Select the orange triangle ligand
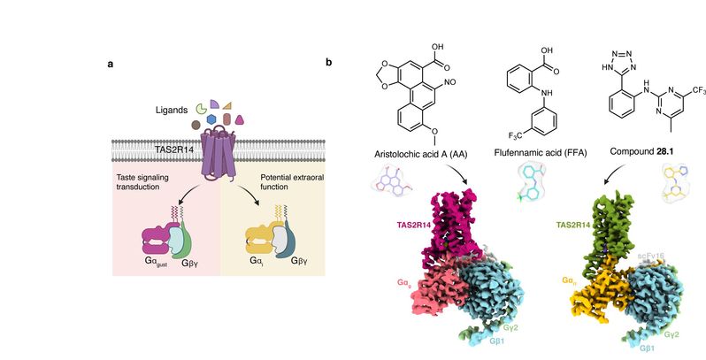(x=227, y=106)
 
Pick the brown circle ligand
(x=196, y=126)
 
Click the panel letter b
(x=329, y=63)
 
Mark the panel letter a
(x=109, y=63)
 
